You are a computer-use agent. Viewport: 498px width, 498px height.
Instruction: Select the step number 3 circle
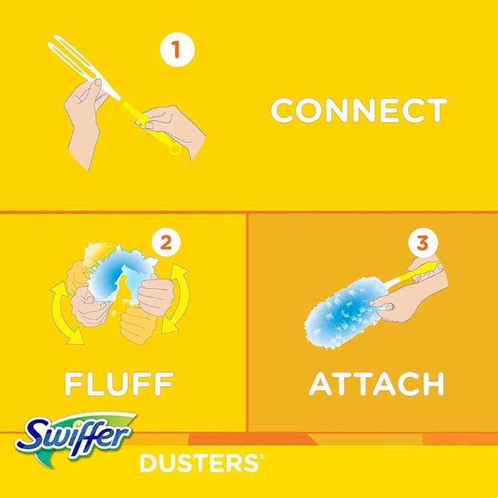(x=420, y=243)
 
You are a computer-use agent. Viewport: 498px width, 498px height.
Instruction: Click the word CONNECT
(x=359, y=110)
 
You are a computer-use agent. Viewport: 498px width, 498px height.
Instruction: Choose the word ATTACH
(x=376, y=383)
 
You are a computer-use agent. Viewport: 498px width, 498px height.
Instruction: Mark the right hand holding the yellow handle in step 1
(x=174, y=129)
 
